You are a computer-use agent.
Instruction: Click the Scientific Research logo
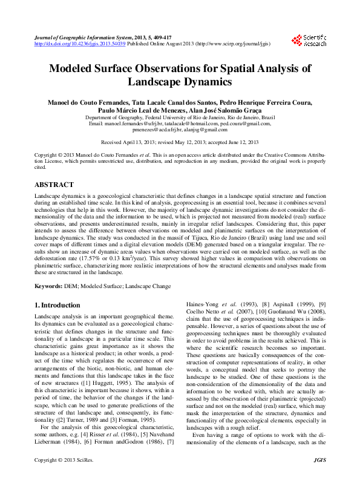click(309, 41)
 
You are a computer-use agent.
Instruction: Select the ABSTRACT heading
click(54, 185)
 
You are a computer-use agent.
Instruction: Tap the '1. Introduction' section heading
click(57, 306)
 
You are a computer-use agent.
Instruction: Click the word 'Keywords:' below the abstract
click(48, 285)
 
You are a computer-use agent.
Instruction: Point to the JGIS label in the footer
click(321, 477)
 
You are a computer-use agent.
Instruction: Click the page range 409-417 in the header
click(168, 38)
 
